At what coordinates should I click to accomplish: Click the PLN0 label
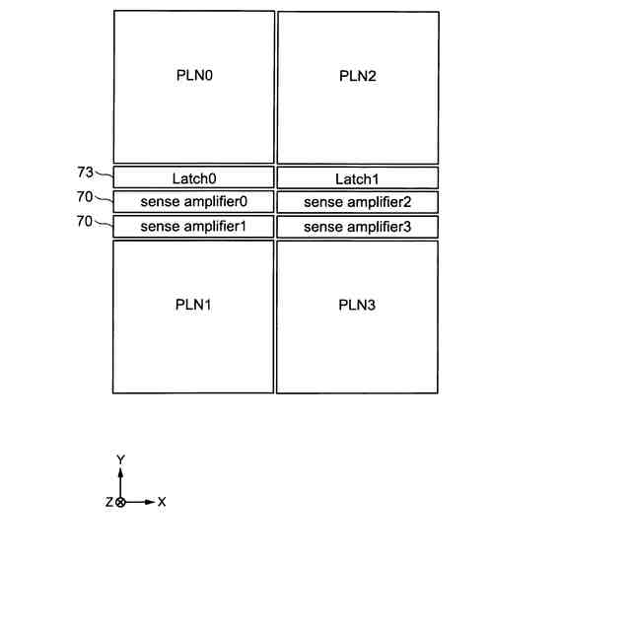194,75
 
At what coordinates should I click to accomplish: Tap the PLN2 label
357,76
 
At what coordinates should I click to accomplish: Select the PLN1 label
194,304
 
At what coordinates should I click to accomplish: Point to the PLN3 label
357,304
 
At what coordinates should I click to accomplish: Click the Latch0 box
193,178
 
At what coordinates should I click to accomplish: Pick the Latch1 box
357,178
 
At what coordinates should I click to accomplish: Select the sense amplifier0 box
193,202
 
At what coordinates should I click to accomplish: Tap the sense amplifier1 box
193,227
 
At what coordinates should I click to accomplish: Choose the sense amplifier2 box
357,202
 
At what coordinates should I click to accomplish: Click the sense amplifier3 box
357,227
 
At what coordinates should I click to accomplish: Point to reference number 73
85,173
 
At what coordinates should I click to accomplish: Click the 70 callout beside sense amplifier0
85,196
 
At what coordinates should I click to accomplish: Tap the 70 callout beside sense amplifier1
85,221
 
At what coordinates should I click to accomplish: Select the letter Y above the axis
120,459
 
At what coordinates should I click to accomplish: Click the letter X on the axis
162,502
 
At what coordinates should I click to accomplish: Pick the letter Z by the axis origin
108,502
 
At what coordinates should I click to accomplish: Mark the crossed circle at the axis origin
120,502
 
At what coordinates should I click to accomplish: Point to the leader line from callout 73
104,177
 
